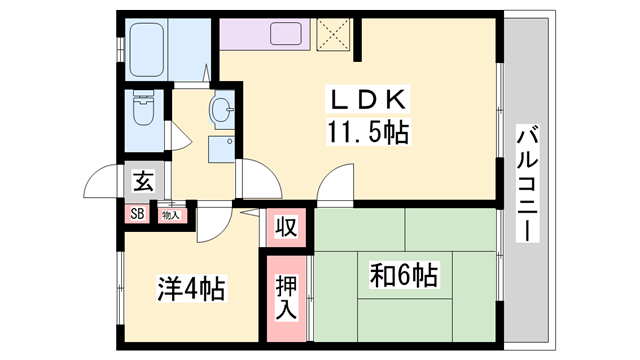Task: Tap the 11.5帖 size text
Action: tap(367, 130)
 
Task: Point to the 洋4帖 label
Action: tap(190, 290)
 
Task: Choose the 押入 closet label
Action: tap(287, 297)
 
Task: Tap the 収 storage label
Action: tap(286, 227)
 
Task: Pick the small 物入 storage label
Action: tap(171, 213)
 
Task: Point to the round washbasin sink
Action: tap(221, 110)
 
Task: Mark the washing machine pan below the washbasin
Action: tap(221, 149)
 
